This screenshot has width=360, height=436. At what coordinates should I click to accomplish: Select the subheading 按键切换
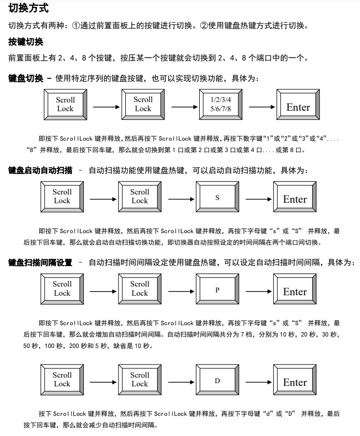pos(26,42)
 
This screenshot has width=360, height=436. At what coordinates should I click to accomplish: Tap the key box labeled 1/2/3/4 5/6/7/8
pos(221,104)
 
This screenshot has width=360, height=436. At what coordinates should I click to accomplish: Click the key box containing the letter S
pos(217,197)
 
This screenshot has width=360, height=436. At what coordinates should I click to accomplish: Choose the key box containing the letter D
pos(217,380)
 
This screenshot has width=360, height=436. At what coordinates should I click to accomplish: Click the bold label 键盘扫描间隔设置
pos(41,263)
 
